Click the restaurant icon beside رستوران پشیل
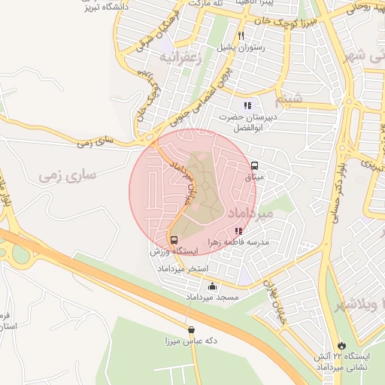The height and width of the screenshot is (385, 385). pyautogui.click(x=241, y=35)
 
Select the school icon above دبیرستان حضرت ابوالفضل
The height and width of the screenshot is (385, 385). pyautogui.click(x=247, y=105)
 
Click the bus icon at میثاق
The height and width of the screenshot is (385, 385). pyautogui.click(x=254, y=166)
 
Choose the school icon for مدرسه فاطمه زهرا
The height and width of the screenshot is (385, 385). pyautogui.click(x=238, y=232)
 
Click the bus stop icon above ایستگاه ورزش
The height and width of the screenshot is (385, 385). pyautogui.click(x=174, y=241)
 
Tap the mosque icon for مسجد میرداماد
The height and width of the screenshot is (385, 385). pyautogui.click(x=213, y=286)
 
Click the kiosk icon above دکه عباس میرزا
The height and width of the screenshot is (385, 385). pyautogui.click(x=191, y=329)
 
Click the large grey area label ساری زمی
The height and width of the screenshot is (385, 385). pyautogui.click(x=68, y=175)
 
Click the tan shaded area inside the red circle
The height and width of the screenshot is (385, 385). pyautogui.click(x=199, y=192)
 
